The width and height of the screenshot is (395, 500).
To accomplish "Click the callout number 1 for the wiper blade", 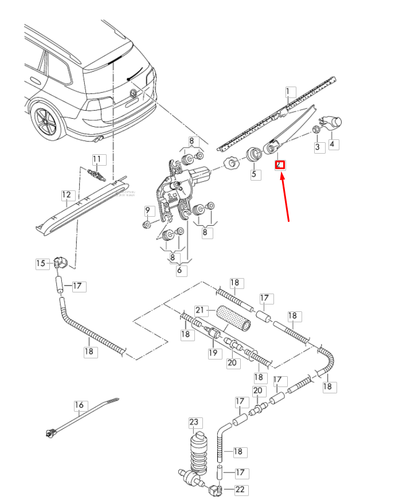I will (x=290, y=91).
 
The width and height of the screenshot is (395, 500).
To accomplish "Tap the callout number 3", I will (x=317, y=147).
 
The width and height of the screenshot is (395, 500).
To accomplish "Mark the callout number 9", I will (x=147, y=210).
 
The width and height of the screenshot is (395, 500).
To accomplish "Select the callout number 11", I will (x=97, y=159).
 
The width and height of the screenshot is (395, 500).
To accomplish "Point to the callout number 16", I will (x=79, y=405).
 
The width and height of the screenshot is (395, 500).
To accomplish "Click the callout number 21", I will (x=200, y=310).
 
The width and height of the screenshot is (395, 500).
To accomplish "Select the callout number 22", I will (x=238, y=489).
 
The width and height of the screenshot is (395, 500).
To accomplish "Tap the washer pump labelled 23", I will (x=198, y=450).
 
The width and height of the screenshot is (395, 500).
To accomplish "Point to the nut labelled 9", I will (x=147, y=224).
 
